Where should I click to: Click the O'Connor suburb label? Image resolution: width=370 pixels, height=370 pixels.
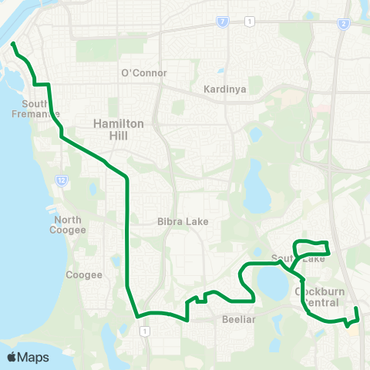144,73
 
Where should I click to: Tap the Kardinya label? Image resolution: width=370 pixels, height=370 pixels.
224,89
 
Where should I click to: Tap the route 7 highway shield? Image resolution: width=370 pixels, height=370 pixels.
222,22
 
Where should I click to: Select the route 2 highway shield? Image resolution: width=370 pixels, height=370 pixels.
342,25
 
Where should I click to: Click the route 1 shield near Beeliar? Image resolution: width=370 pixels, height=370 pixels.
144,331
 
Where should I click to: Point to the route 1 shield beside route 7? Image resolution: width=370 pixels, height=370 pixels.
247,22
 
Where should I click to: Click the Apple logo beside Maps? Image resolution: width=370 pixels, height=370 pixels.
12,358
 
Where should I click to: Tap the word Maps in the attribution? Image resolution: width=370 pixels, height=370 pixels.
33,358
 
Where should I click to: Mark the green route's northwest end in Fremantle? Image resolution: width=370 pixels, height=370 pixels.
13,45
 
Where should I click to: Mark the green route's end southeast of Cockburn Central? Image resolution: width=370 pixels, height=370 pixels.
357,309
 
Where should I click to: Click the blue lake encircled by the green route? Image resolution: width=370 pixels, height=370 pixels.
270,281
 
